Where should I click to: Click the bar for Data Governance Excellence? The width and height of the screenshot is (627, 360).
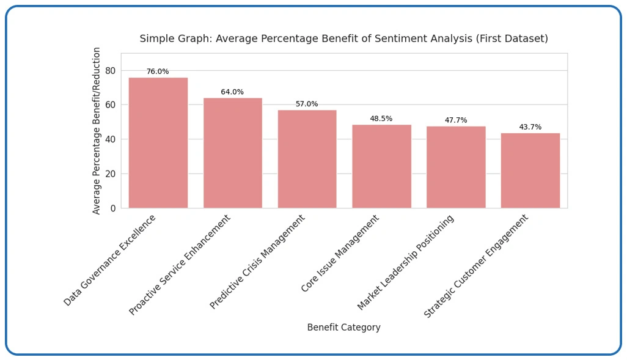click(158, 142)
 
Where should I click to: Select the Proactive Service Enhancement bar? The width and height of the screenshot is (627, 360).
click(232, 153)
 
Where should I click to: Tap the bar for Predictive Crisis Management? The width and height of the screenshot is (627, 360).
click(307, 159)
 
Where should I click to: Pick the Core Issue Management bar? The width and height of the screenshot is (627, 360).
click(381, 166)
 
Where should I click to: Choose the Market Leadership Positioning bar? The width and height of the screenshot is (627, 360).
click(456, 167)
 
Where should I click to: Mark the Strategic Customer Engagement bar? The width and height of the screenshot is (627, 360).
click(530, 171)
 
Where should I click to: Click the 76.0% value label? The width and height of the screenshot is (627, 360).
click(158, 72)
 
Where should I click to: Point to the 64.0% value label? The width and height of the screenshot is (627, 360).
click(232, 92)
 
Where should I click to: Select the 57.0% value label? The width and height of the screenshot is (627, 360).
click(307, 105)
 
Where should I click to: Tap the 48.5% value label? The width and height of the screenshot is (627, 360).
click(381, 119)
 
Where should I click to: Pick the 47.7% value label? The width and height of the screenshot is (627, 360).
click(456, 120)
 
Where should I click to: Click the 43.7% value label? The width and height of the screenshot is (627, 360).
click(530, 127)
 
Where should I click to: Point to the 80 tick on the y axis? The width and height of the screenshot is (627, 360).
click(110, 70)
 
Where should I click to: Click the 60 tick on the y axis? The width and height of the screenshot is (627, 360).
click(110, 105)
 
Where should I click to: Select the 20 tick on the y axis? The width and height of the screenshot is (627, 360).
click(110, 174)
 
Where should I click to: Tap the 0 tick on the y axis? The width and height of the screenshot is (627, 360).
click(112, 208)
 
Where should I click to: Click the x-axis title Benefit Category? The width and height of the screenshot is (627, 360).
click(343, 328)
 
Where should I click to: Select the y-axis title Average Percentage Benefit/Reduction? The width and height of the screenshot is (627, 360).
click(97, 131)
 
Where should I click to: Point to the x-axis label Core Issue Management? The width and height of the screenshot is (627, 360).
click(340, 253)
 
